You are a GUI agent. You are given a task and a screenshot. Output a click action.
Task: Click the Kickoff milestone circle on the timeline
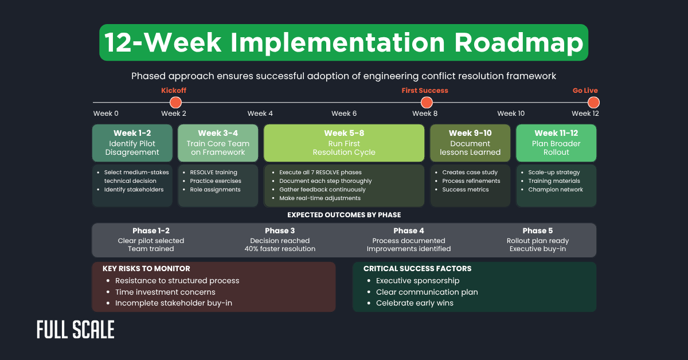tap(175, 103)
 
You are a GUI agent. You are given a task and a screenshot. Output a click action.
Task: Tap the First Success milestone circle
tap(426, 103)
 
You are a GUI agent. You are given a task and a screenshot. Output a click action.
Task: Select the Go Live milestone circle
tap(593, 103)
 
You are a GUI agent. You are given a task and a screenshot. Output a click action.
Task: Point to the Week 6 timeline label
tap(344, 114)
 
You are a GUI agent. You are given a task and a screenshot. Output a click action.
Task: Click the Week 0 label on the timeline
tap(105, 114)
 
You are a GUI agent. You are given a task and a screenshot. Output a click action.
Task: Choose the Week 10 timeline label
tap(510, 114)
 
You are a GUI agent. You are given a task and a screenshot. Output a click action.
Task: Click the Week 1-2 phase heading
tap(132, 134)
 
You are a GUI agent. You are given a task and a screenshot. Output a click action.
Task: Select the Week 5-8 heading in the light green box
tap(344, 134)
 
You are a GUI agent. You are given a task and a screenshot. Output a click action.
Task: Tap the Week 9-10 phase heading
tap(470, 134)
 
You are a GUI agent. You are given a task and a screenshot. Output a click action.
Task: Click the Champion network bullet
tap(555, 190)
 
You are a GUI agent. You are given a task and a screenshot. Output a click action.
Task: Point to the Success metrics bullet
tap(465, 190)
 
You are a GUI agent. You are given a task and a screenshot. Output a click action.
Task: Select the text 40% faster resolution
tap(280, 249)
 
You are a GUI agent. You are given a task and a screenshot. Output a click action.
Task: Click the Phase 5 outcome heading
tap(538, 231)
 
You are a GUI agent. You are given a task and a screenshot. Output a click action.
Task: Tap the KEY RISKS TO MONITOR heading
tap(146, 268)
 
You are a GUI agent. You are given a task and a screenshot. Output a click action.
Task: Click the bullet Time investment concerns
tap(165, 292)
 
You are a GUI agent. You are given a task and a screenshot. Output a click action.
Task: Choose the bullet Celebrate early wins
tap(415, 303)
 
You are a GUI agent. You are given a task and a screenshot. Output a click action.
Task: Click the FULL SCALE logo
tap(75, 330)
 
